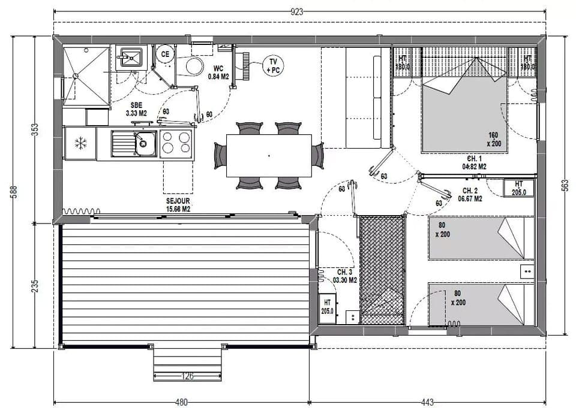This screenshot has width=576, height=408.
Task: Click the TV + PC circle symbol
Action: [273, 65]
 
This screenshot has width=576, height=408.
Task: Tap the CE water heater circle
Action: [164, 54]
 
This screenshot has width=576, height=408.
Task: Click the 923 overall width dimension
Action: [296, 11]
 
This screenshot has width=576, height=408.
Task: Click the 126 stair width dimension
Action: [187, 377]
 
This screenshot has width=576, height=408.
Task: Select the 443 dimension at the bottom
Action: [427, 402]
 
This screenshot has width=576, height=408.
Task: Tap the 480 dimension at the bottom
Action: [181, 402]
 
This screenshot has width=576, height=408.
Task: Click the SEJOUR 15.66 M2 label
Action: [178, 205]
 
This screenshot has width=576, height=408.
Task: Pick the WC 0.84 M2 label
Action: [218, 72]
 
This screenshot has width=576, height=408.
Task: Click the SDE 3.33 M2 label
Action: [136, 108]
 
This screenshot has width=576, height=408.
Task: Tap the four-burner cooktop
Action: [176, 143]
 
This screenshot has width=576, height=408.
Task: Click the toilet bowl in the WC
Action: [194, 66]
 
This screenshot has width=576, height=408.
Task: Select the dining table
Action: [269, 156]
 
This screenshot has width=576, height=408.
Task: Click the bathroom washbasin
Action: [130, 58]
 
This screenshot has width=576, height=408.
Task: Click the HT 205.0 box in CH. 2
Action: [519, 188]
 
